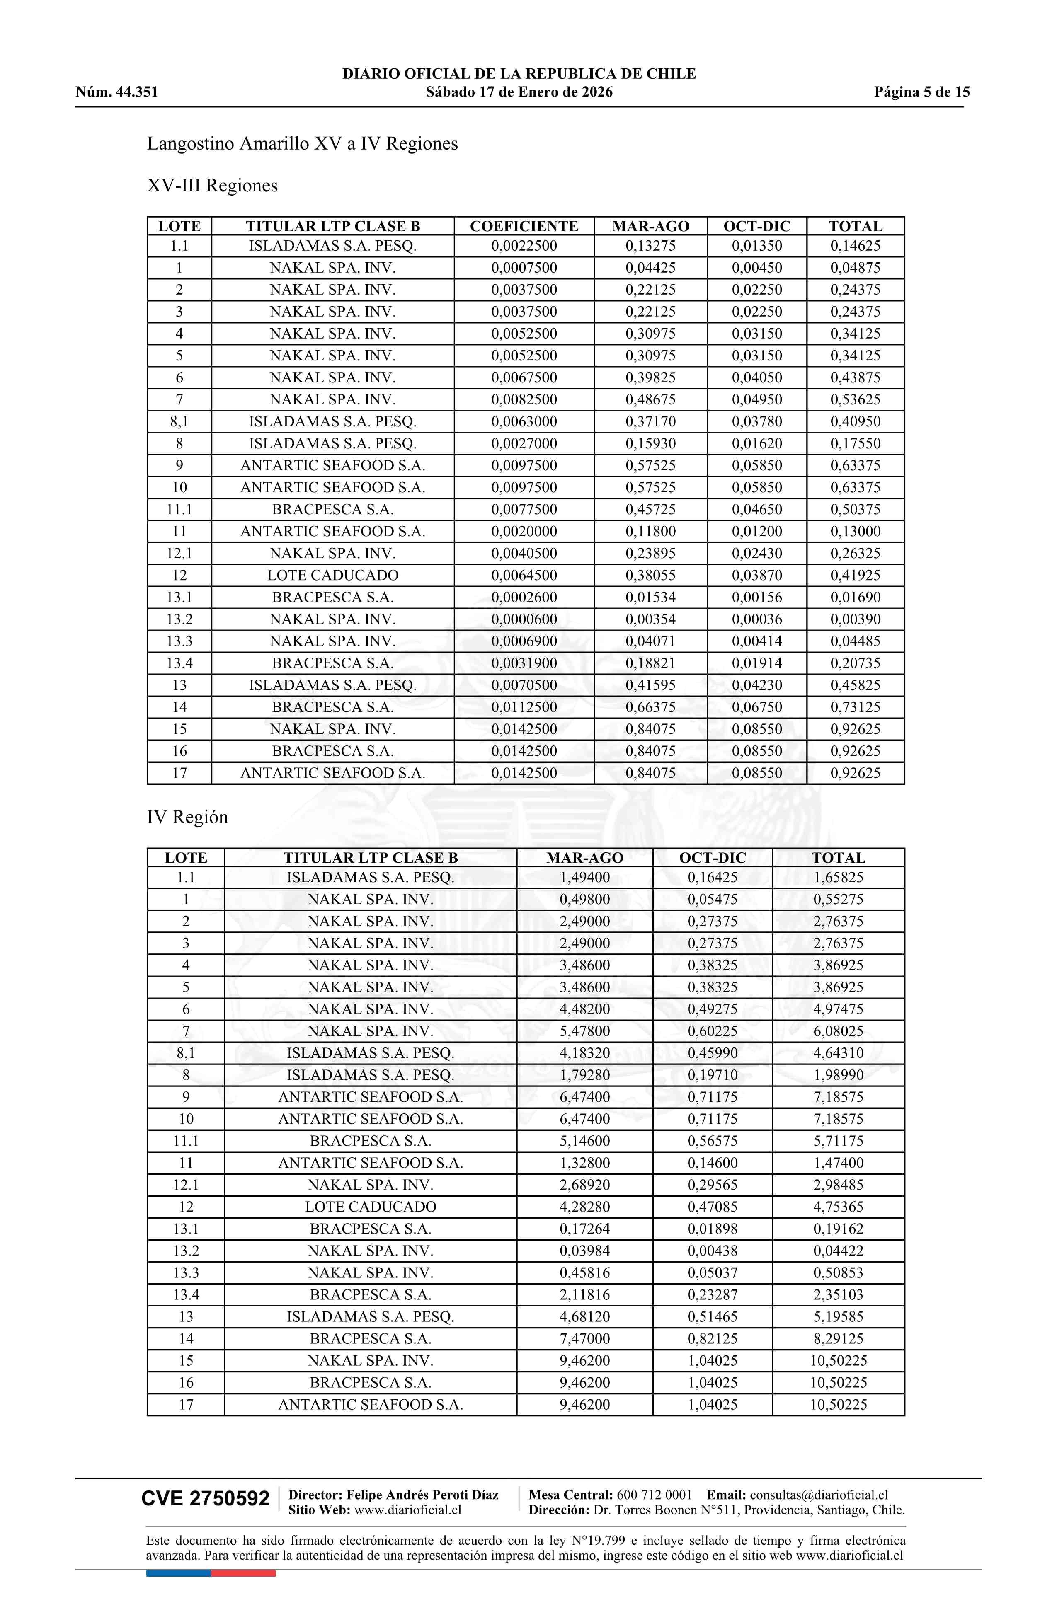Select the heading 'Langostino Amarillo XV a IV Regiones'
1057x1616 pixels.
[x=302, y=144]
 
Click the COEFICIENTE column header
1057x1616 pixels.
[x=524, y=226]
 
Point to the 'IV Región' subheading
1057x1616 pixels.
[x=187, y=817]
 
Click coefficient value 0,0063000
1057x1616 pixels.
[x=524, y=422]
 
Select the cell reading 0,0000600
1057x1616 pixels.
[x=524, y=619]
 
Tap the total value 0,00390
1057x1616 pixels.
[x=855, y=619]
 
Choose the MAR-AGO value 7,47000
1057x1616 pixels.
[x=584, y=1338]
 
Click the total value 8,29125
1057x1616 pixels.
[x=838, y=1338]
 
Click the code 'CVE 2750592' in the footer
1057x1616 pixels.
[x=205, y=1499]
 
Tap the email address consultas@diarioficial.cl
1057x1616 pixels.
[x=819, y=1495]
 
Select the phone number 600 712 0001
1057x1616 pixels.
[x=654, y=1495]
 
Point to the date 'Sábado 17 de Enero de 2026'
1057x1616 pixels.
[x=519, y=92]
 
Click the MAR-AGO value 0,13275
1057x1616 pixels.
[x=650, y=246]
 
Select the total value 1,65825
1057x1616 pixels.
[x=838, y=877]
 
